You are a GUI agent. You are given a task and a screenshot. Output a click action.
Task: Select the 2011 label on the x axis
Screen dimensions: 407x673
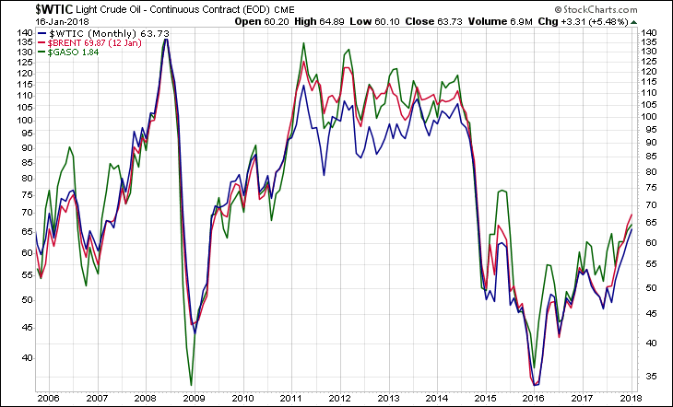pyautogui.click(x=291, y=398)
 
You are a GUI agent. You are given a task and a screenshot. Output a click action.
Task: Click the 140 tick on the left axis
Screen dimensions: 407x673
pyautogui.click(x=21, y=32)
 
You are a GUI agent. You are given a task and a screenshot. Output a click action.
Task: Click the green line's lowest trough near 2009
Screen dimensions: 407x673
pyautogui.click(x=191, y=385)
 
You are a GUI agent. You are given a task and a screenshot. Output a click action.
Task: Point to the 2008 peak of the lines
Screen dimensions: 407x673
pyautogui.click(x=166, y=39)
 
